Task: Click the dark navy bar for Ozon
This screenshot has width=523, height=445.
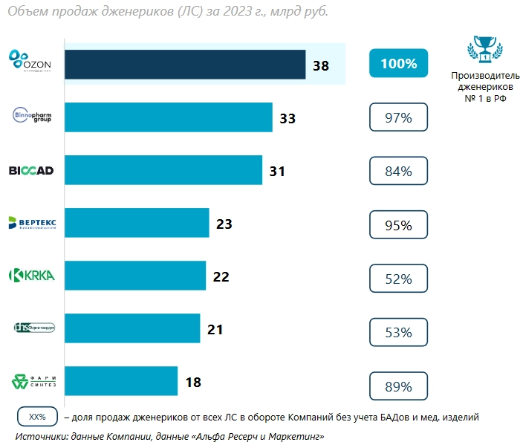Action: (x=185, y=65)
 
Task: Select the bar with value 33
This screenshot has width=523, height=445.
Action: (x=169, y=117)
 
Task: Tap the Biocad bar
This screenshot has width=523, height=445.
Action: (x=163, y=170)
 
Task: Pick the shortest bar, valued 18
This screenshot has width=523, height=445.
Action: (x=121, y=382)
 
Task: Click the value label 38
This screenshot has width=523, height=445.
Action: (x=321, y=65)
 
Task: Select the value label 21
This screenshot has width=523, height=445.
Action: (x=215, y=329)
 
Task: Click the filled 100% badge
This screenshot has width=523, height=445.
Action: (x=398, y=64)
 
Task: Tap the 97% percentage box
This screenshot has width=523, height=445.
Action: (x=398, y=117)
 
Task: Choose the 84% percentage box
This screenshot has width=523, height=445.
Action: (x=398, y=172)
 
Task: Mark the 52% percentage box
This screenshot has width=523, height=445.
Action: (x=398, y=279)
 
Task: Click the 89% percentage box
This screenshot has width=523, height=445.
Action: (x=398, y=386)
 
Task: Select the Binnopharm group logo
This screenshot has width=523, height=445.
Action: (x=33, y=117)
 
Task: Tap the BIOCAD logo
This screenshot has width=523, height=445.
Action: (x=31, y=170)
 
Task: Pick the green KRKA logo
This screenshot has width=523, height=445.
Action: (x=32, y=276)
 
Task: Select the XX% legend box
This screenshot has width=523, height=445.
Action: (x=37, y=417)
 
